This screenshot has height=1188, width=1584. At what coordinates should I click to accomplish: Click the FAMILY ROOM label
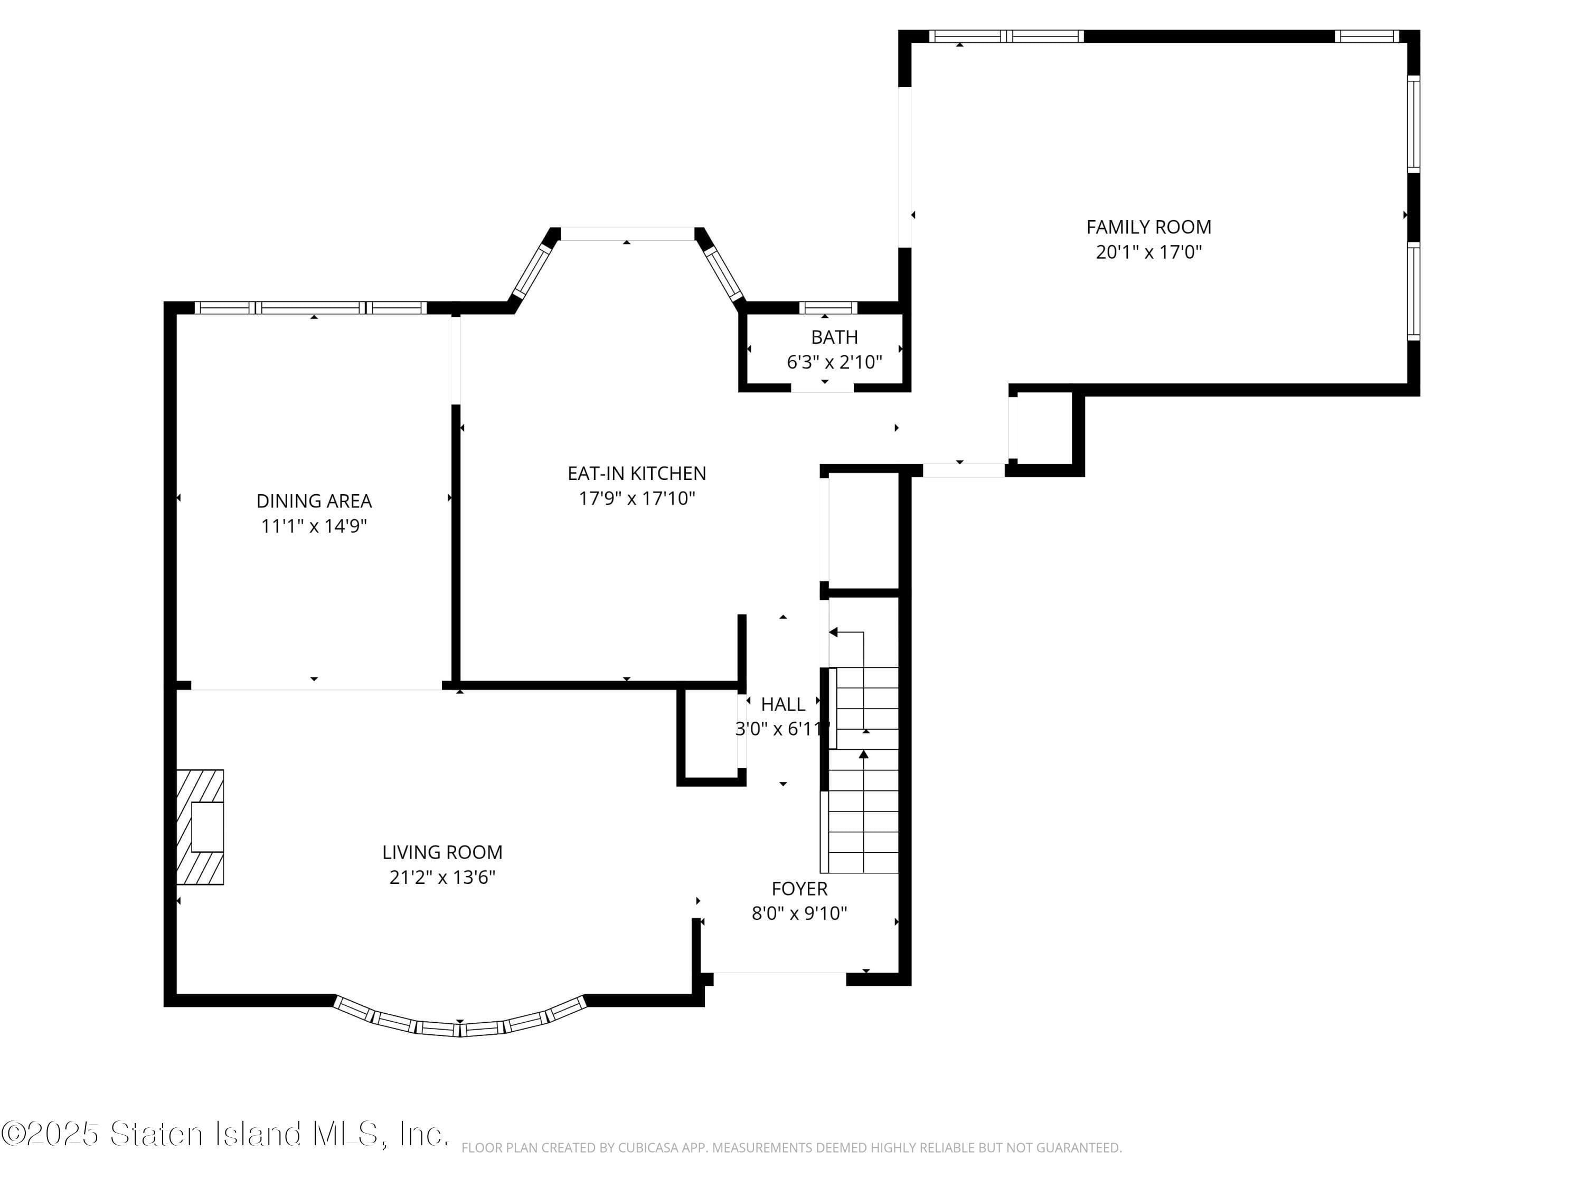(1148, 227)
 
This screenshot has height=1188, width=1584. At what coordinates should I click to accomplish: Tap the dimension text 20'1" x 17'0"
(1148, 252)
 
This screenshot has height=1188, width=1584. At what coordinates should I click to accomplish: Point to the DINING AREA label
(314, 501)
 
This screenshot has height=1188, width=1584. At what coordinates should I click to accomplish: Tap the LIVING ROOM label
(442, 852)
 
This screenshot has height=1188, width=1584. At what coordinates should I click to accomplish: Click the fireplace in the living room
(201, 827)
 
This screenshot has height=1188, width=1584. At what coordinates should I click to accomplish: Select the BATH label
(834, 336)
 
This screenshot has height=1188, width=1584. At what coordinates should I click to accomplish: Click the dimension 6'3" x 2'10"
(834, 362)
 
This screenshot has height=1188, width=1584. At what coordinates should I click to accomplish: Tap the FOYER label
(799, 889)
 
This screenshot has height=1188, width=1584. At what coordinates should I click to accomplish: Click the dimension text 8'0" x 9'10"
(799, 914)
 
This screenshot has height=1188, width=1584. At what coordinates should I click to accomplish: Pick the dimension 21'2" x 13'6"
(442, 877)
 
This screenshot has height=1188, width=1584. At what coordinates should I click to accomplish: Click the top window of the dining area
(311, 308)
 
